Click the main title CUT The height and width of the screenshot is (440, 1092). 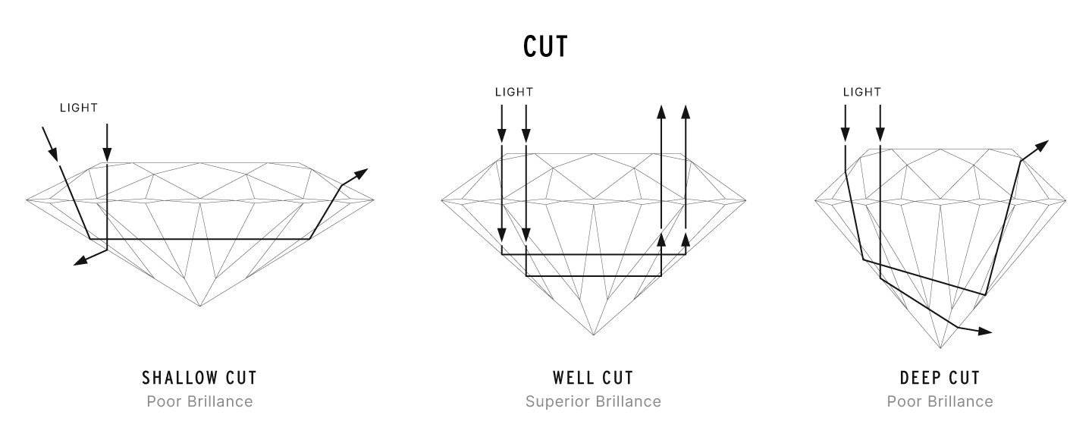(x=545, y=47)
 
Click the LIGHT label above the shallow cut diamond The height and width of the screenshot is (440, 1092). (x=79, y=108)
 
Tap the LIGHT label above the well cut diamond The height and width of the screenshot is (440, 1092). (x=514, y=92)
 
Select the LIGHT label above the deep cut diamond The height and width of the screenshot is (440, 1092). (x=862, y=92)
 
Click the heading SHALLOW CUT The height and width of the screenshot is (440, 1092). (x=199, y=378)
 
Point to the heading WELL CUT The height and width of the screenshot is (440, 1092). (x=593, y=378)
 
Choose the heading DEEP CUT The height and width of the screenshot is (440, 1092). (x=940, y=378)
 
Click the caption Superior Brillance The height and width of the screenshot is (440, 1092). (x=593, y=401)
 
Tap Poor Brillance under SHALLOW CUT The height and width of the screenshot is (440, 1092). (x=199, y=401)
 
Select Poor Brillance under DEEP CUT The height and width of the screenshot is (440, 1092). (x=940, y=401)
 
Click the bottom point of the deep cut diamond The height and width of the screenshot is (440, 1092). (x=940, y=349)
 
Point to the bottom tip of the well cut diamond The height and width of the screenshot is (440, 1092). (x=595, y=335)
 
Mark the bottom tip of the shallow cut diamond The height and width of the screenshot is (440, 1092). (x=200, y=306)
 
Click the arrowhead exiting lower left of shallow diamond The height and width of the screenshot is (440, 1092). (x=79, y=262)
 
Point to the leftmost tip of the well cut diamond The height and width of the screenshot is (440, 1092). (x=441, y=201)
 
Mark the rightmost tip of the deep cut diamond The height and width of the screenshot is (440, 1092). (x=1065, y=201)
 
